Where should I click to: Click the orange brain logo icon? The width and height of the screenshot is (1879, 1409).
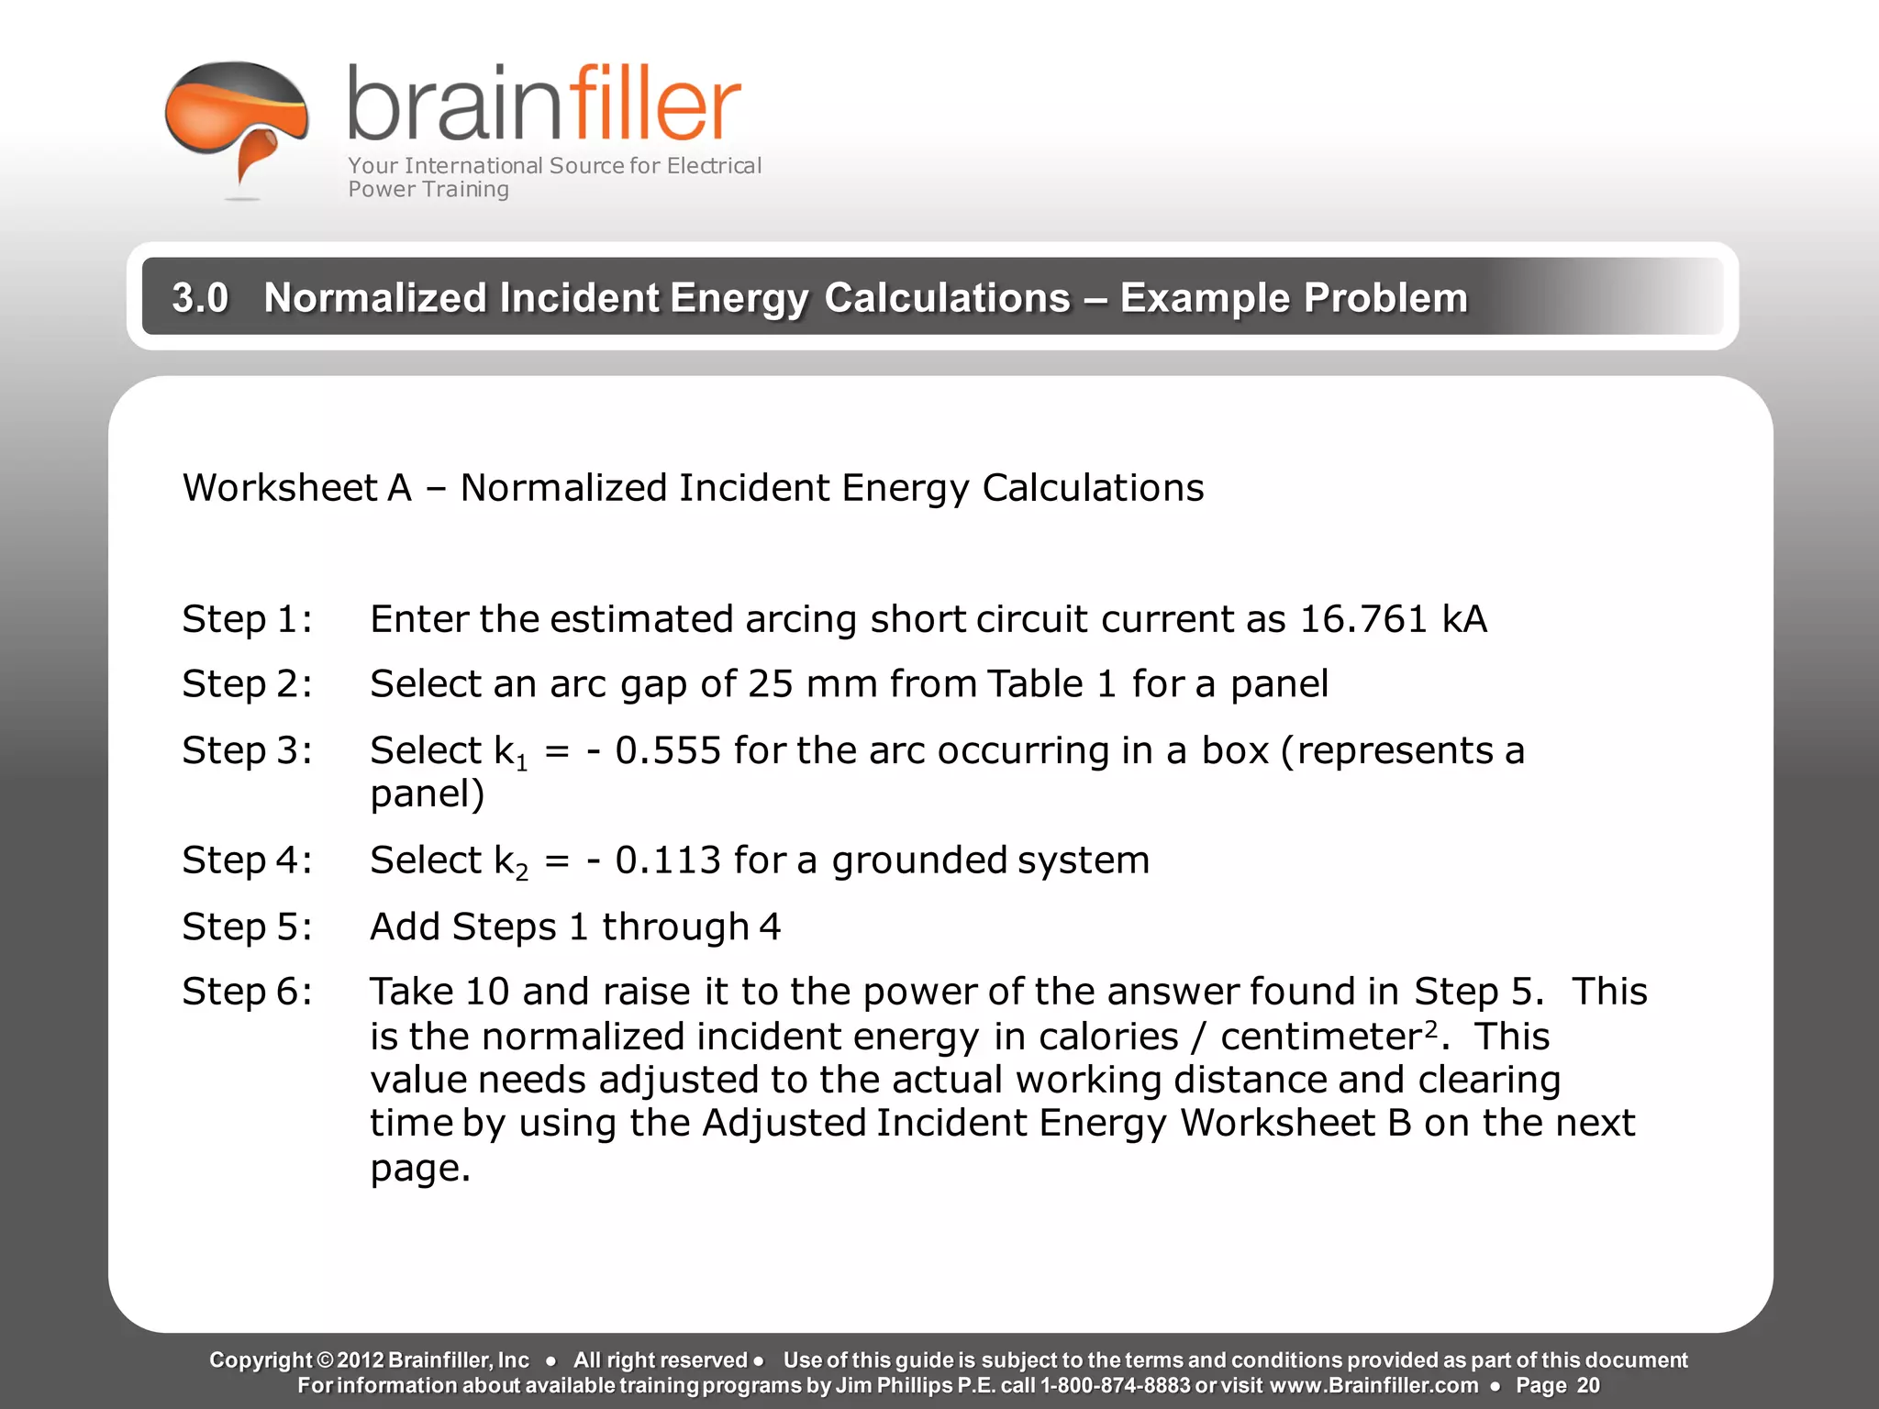237,119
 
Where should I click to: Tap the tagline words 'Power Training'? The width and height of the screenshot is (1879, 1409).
428,190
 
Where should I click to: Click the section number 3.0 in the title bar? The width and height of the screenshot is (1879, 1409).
200,298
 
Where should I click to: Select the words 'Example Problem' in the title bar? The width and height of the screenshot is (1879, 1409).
1294,298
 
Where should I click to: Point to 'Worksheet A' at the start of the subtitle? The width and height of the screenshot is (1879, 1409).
296,488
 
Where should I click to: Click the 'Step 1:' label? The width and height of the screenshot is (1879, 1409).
247,619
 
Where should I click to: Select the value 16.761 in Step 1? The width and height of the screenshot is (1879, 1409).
1363,619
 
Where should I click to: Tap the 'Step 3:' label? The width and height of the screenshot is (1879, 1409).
247,750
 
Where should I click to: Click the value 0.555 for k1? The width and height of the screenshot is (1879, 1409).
668,750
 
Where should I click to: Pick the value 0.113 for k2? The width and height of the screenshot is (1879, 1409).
668,860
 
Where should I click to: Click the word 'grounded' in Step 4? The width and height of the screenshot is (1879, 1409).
920,860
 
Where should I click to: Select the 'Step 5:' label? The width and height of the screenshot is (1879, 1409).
247,926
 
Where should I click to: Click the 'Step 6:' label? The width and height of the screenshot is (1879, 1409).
247,992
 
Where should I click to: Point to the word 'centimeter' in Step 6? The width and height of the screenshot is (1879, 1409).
1321,1037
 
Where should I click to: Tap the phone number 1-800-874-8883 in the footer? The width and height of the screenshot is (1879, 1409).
1115,1385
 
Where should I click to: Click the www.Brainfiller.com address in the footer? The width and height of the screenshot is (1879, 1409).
1373,1385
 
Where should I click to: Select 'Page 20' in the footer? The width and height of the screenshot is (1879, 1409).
1557,1385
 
